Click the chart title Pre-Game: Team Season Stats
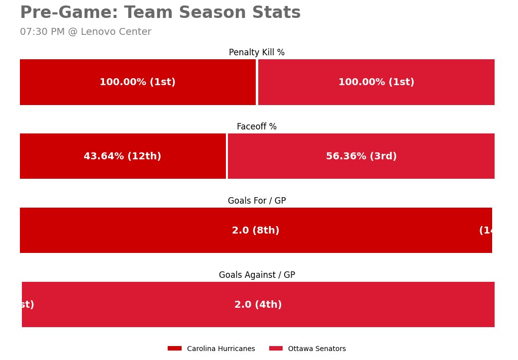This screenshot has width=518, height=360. (x=160, y=13)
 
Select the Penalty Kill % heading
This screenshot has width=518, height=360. (x=257, y=52)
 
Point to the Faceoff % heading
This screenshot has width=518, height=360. (x=257, y=126)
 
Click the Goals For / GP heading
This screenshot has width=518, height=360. (x=257, y=201)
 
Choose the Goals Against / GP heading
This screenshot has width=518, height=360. (x=257, y=275)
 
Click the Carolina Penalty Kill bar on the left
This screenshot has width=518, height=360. (x=60, y=82)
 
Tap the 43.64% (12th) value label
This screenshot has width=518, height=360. (x=122, y=156)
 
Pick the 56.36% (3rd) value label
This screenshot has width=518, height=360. (x=361, y=156)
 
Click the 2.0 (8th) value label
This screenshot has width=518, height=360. (x=256, y=231)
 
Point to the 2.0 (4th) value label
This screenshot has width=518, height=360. (x=258, y=305)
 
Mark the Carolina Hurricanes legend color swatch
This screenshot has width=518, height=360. (x=175, y=349)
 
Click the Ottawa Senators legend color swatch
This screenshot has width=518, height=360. (x=276, y=349)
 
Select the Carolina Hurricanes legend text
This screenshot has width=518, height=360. (x=221, y=349)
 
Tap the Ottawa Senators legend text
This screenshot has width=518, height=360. (x=317, y=349)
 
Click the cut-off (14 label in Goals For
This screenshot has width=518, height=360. (x=486, y=231)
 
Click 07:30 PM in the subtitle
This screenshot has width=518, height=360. (x=42, y=32)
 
